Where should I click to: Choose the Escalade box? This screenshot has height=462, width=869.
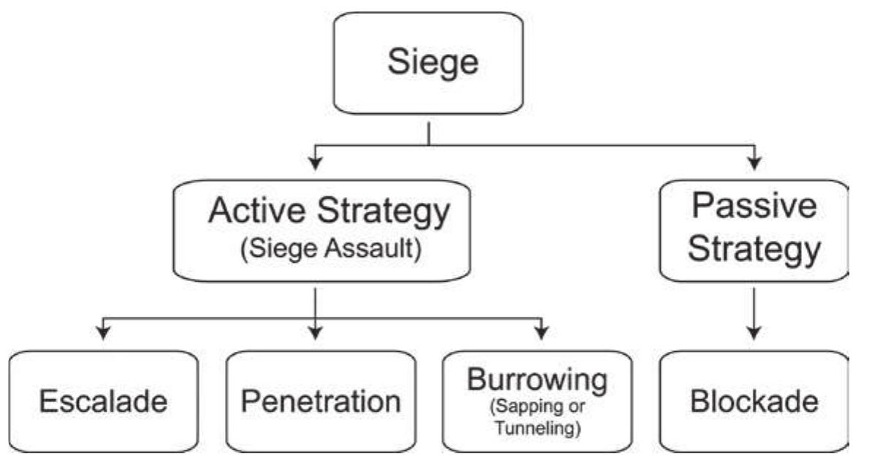pos(103,401)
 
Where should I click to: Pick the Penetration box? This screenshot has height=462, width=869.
pos(322,401)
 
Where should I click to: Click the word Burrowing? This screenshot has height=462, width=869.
pos(537,380)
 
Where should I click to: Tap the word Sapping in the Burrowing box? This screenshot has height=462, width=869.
pos(527,406)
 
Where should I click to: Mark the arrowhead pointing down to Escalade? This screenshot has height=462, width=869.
pos(104,333)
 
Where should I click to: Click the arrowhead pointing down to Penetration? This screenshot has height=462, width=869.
pos(315,333)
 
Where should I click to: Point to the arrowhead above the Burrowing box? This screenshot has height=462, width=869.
pos(540,333)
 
